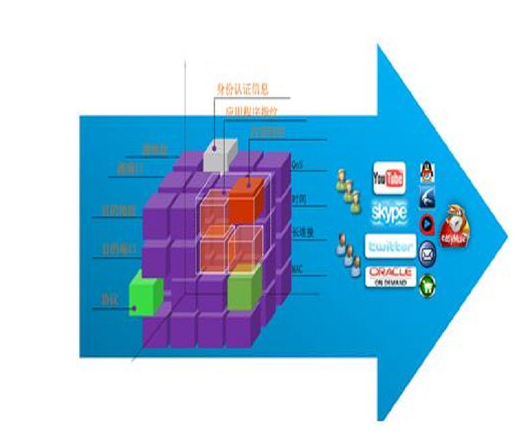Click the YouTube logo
tap(389, 178)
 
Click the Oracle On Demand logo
tap(390, 275)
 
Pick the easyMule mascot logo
tap(455, 223)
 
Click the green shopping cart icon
tap(427, 281)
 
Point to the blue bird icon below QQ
tap(427, 197)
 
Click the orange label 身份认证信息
tap(242, 88)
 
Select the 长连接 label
tap(301, 232)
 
